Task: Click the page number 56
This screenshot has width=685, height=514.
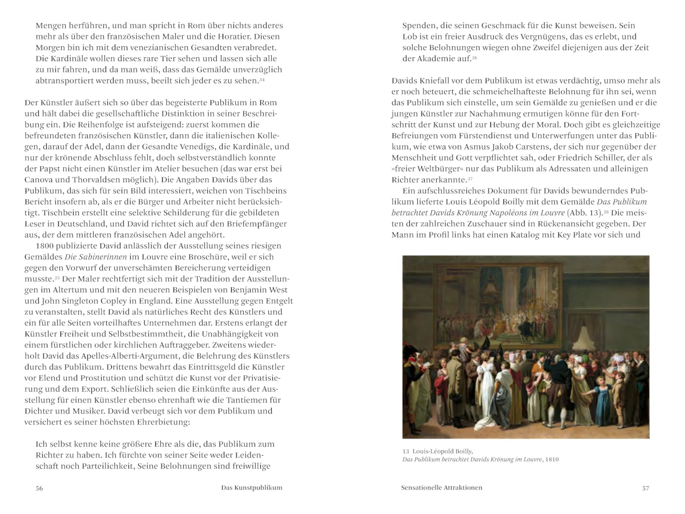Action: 39,488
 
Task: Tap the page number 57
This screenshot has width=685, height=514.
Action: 646,488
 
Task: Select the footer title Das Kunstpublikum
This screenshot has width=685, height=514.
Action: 252,488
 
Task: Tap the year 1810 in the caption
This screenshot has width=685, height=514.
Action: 551,459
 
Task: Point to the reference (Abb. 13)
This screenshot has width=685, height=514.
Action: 582,212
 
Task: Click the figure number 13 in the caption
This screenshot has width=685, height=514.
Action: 406,451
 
